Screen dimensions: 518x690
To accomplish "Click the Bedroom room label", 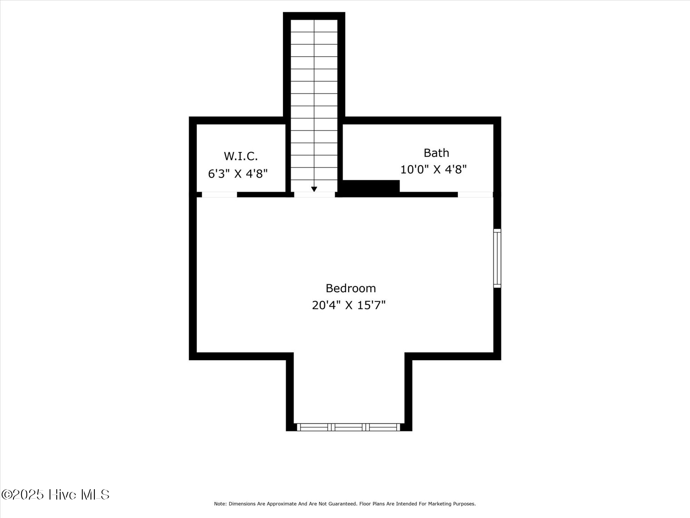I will tap(350, 288).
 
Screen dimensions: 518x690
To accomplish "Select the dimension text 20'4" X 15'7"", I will tap(349, 305).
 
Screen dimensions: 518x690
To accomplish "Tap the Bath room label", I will tap(436, 153).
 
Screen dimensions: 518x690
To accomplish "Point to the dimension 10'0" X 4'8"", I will tap(433, 170).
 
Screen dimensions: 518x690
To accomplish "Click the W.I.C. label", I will tap(241, 156).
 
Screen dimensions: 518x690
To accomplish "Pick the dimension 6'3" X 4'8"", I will tap(238, 174).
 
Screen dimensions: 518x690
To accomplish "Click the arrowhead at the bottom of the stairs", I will tap(314, 189).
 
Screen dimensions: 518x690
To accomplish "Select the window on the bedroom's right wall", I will tap(497, 258).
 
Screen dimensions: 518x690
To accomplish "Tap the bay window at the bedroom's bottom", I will tap(349, 427).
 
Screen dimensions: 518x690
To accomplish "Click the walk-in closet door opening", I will tap(219, 195).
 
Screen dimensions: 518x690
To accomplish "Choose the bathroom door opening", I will tap(475, 195).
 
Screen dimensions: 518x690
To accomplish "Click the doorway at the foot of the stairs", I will tap(314, 195).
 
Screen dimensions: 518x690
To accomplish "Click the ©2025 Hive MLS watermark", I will tap(55, 495).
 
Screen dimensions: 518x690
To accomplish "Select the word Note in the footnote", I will tap(220, 504).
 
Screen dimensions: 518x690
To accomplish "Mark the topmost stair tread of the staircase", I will tap(314, 26).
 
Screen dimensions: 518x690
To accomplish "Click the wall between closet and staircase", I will tap(288, 157).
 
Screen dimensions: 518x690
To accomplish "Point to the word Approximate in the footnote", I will tap(283, 504).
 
